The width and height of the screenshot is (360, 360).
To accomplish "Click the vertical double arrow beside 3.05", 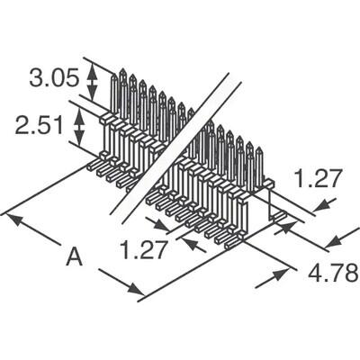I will tap(92, 81).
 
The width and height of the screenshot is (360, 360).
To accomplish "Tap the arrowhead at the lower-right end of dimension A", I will tap(135, 289).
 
